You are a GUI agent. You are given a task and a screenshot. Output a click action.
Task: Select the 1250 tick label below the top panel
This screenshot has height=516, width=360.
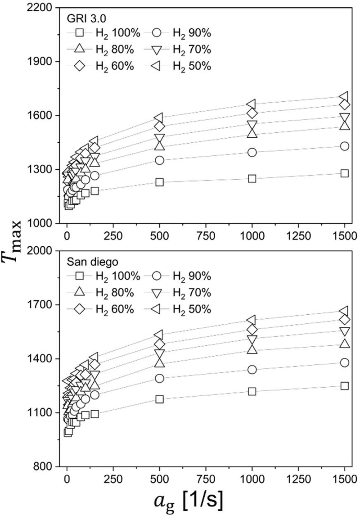[298, 235]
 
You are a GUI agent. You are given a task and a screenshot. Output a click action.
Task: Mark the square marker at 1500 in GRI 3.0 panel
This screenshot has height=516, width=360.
[344, 173]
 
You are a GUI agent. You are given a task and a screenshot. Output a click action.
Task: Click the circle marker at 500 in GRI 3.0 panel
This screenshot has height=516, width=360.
[159, 160]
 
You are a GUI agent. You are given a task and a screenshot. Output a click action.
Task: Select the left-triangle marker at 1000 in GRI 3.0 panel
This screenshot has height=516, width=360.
[252, 104]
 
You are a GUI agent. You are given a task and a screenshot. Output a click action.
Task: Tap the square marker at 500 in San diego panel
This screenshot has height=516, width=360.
[159, 399]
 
